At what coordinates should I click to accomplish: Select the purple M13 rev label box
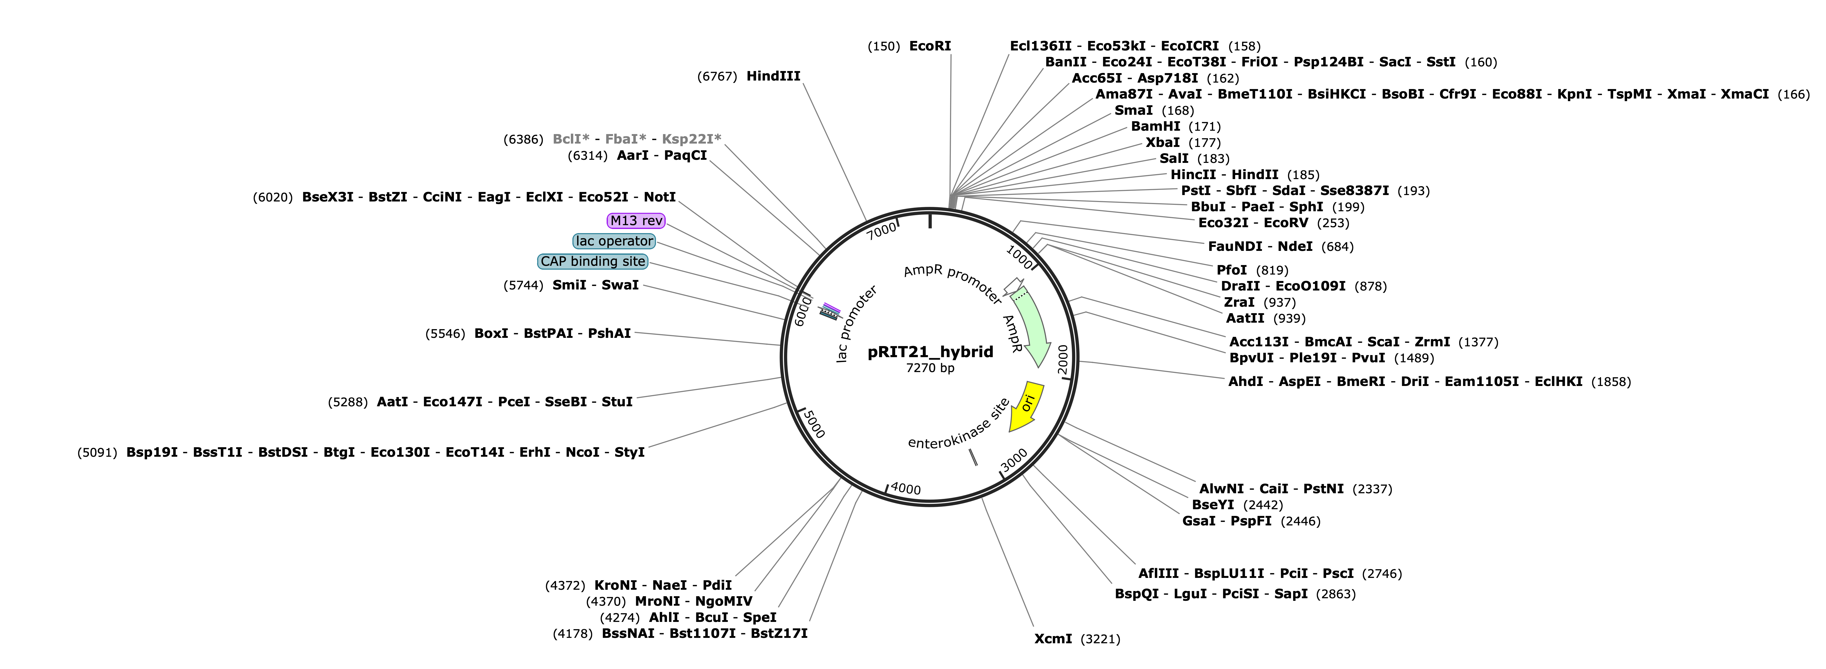(636, 221)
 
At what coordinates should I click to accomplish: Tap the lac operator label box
(614, 241)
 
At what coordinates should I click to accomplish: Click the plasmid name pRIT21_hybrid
(930, 352)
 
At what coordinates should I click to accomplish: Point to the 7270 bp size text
(930, 368)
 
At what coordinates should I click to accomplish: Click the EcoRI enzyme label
(930, 46)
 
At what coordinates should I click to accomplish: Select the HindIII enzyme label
(773, 76)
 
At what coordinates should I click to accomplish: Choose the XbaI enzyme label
(1163, 143)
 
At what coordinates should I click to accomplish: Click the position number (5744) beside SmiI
(523, 285)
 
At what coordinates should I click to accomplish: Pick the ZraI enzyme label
(1238, 302)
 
